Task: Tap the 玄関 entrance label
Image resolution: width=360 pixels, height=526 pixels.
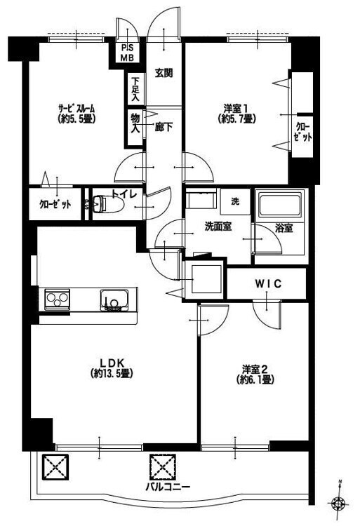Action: click(164, 73)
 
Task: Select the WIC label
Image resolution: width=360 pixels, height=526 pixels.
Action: click(268, 284)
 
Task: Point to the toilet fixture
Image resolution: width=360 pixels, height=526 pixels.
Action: click(107, 203)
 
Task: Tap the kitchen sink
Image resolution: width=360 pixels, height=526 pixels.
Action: click(114, 299)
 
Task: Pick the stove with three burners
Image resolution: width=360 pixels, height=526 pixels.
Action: click(58, 299)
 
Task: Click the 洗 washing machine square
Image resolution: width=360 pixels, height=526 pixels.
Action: click(235, 201)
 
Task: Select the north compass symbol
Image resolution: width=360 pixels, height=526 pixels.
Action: click(339, 502)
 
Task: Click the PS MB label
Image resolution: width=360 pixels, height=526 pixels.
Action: click(127, 53)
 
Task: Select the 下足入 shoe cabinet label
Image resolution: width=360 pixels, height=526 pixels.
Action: click(135, 89)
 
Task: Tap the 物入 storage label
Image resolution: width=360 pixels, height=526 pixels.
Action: click(135, 123)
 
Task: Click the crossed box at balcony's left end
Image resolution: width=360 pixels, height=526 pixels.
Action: click(55, 467)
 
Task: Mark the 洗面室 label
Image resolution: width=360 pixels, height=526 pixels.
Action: click(218, 227)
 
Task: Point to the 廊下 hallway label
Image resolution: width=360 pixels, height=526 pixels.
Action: click(164, 127)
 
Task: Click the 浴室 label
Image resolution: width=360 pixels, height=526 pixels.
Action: click(284, 229)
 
